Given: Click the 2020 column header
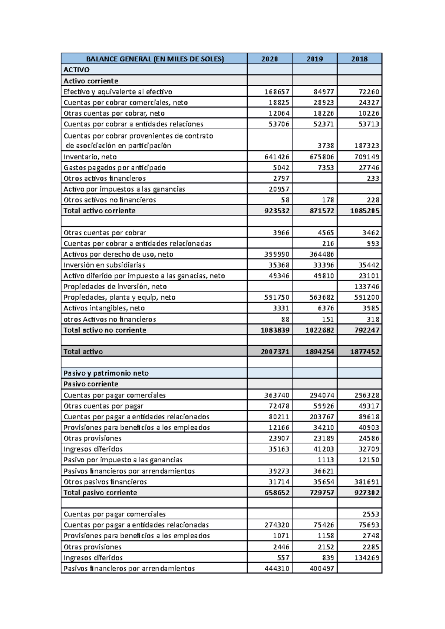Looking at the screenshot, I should click(270, 59).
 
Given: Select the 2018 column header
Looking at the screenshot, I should click(359, 59).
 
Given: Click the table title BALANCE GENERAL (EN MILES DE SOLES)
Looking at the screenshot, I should click(155, 59).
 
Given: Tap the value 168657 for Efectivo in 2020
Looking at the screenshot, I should click(277, 92).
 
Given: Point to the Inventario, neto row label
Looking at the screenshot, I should click(90, 157).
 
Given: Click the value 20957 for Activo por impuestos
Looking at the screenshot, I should click(279, 189).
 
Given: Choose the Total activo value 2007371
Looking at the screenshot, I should click(275, 352).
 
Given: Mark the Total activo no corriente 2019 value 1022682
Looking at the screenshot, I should click(320, 330).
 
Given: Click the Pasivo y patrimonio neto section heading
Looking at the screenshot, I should click(106, 373).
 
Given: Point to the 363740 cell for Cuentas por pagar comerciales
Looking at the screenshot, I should click(277, 395).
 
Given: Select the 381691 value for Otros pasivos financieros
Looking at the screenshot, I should click(366, 482).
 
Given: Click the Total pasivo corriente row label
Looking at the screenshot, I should click(100, 493).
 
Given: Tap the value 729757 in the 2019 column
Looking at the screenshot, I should click(322, 493).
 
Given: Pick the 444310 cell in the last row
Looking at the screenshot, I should click(277, 569).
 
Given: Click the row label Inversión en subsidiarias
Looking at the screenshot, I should click(104, 265).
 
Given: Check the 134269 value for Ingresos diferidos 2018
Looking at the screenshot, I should click(366, 558).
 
